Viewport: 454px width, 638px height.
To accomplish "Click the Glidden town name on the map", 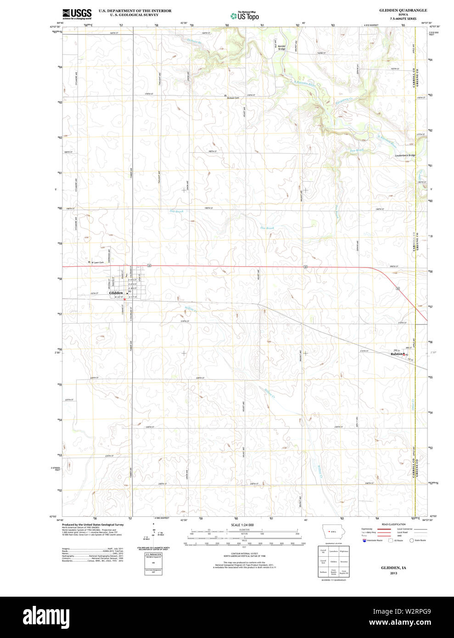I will coord(116,293).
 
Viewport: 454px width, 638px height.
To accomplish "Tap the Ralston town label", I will coord(397,354).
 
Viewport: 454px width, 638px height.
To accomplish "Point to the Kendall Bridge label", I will coord(282,47).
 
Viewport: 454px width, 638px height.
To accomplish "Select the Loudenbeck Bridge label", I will coord(405,156).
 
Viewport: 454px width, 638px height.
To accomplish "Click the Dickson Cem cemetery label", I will coord(233,98).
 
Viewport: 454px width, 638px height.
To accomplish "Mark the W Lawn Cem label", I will coord(97,263).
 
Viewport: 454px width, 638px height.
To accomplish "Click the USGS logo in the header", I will coord(77,14).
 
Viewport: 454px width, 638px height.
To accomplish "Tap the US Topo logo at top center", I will coord(245,16).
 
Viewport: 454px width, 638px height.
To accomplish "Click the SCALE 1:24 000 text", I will coord(242,525).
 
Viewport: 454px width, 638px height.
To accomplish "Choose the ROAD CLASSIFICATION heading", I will coord(393,524).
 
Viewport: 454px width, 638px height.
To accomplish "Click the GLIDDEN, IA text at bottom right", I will coord(393,568).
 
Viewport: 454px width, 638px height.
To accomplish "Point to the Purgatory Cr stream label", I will coord(345,101).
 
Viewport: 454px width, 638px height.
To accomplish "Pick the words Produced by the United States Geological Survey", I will coord(93,525).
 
